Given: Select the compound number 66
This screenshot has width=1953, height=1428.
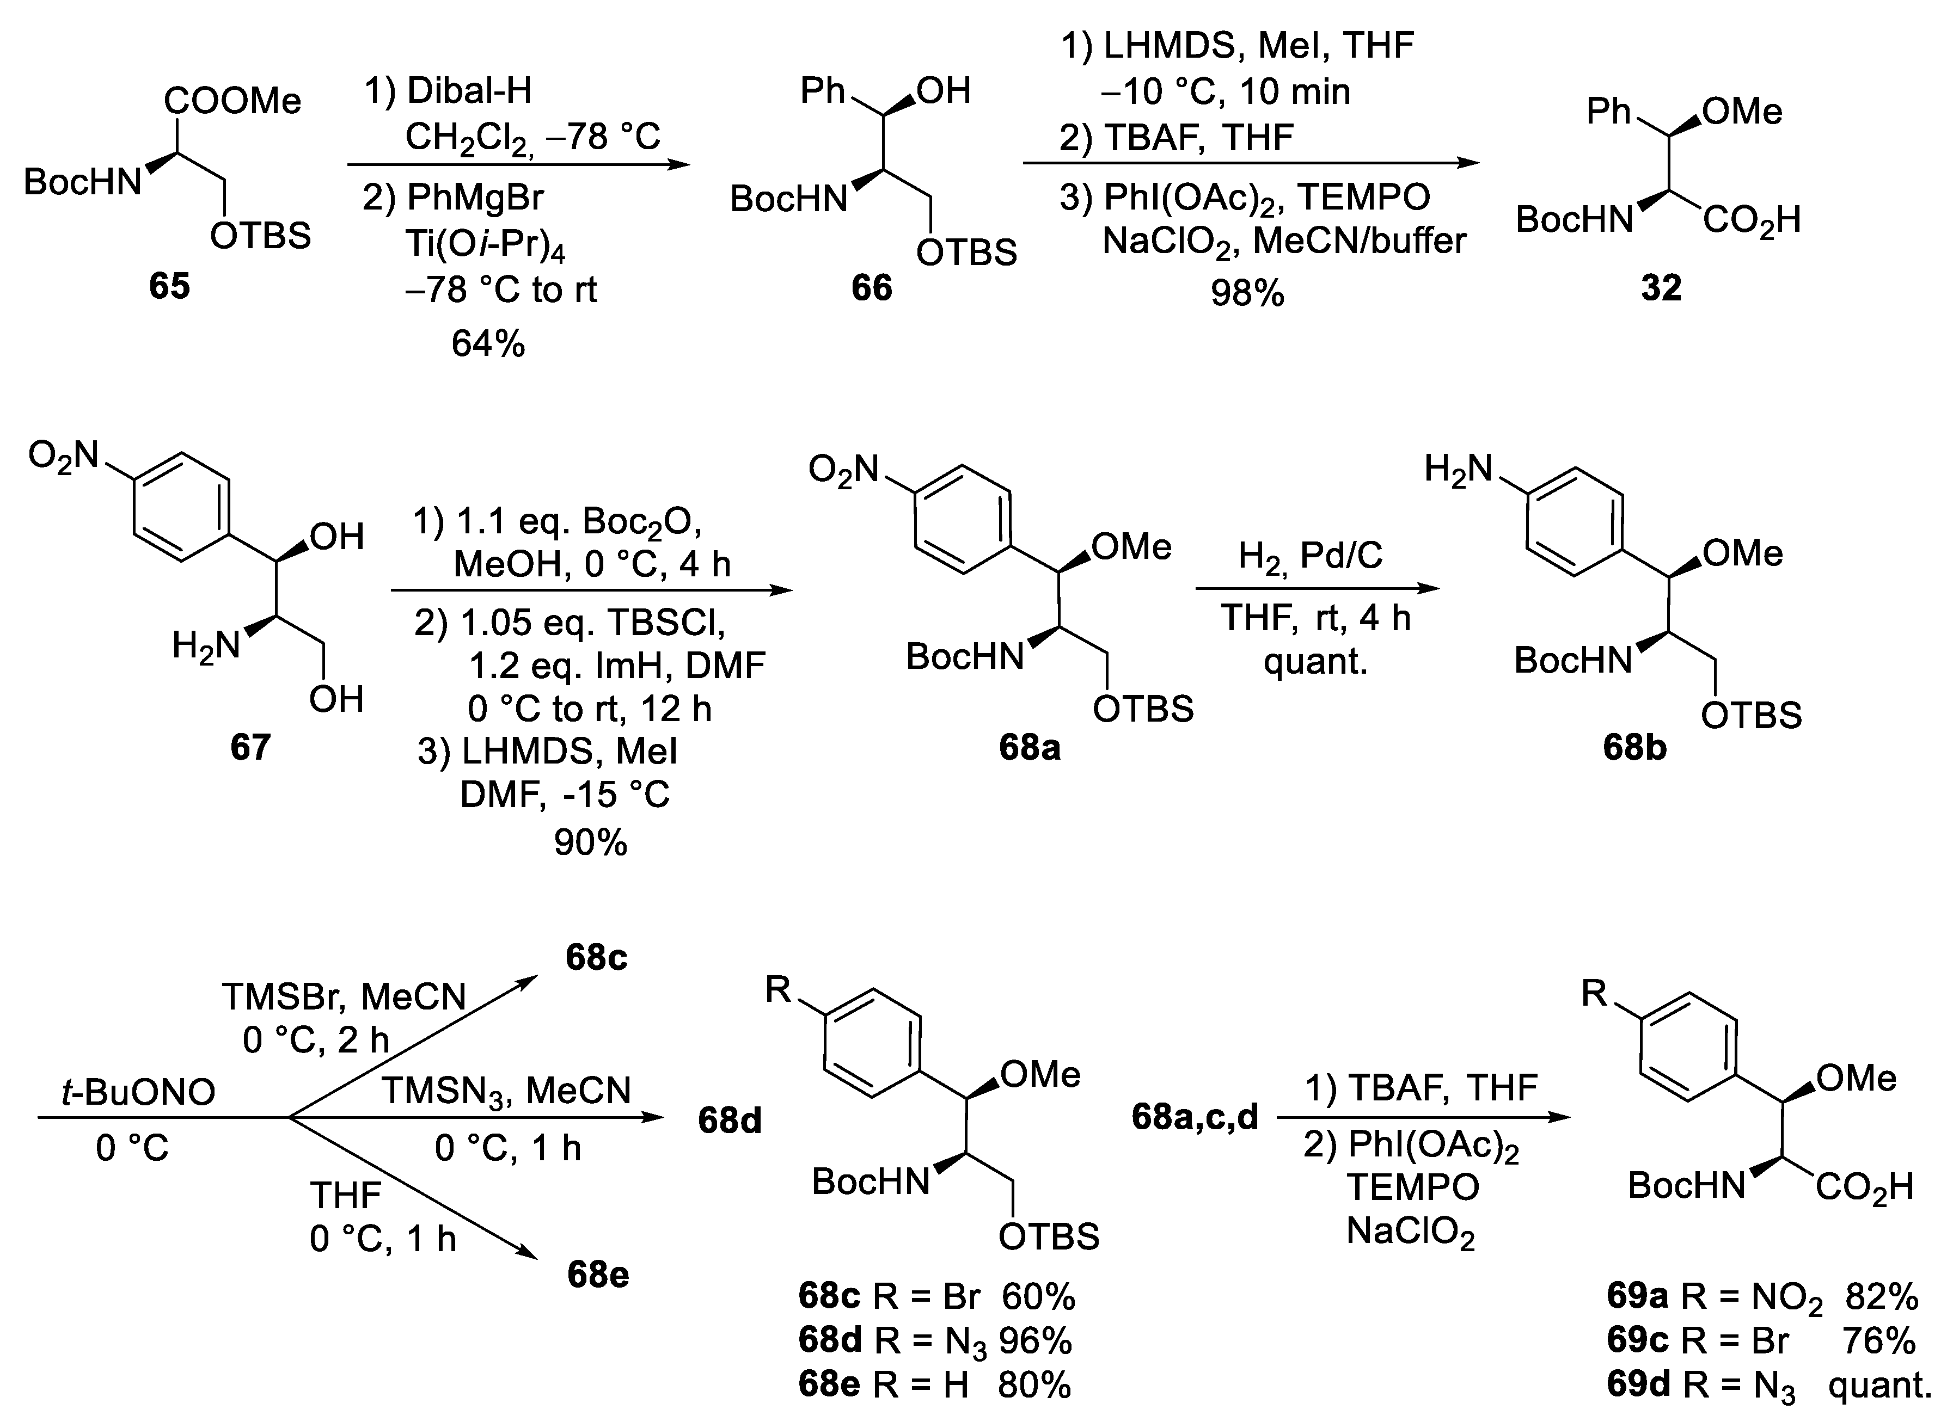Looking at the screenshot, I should pyautogui.click(x=871, y=288).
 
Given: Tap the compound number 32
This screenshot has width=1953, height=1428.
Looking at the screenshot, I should pyautogui.click(x=1661, y=288).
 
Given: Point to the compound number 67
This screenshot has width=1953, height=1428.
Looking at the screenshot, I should pyautogui.click(x=250, y=747).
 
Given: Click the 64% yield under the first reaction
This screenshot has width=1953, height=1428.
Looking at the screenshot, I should pyautogui.click(x=488, y=344).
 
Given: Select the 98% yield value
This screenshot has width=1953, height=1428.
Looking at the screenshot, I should pyautogui.click(x=1247, y=294).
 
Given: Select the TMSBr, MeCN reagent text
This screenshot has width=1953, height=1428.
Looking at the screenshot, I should pyautogui.click(x=344, y=996).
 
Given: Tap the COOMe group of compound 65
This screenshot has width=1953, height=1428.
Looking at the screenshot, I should pyautogui.click(x=232, y=102).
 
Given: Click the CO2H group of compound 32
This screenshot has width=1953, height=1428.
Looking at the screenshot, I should pyautogui.click(x=1752, y=221).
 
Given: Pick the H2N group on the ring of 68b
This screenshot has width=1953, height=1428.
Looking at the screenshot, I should pyautogui.click(x=1458, y=469).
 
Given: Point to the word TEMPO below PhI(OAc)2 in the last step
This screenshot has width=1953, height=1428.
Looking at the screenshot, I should pyautogui.click(x=1412, y=1187).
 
